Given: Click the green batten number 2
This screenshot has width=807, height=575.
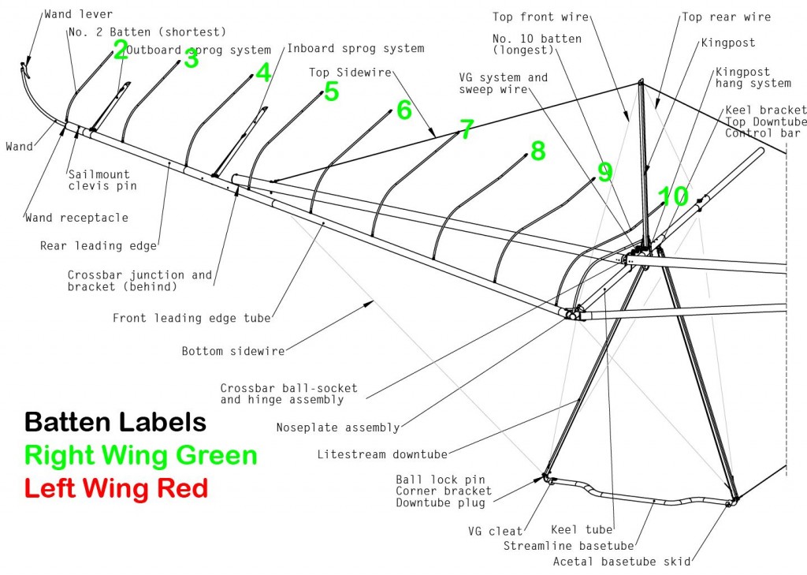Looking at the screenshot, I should pyautogui.click(x=121, y=50).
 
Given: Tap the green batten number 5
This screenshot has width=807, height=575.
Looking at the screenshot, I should pyautogui.click(x=331, y=91).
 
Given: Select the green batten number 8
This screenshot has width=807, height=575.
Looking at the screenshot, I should pyautogui.click(x=537, y=151).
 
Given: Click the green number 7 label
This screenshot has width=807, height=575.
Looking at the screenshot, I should pyautogui.click(x=467, y=129).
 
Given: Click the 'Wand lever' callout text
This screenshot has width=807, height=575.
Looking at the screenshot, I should pyautogui.click(x=78, y=14).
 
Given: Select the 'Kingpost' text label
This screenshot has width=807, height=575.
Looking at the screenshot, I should pyautogui.click(x=727, y=43).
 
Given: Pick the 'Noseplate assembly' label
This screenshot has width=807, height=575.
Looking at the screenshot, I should pyautogui.click(x=337, y=428).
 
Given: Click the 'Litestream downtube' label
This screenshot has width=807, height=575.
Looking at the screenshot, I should pyautogui.click(x=382, y=454).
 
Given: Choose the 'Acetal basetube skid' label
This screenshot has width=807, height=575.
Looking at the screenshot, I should pyautogui.click(x=622, y=561).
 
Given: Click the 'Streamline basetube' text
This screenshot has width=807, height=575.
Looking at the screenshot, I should pyautogui.click(x=569, y=545).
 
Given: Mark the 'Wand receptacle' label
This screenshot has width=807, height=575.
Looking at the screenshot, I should pyautogui.click(x=76, y=217).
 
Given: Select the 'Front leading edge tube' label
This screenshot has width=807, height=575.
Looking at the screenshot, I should pyautogui.click(x=192, y=318).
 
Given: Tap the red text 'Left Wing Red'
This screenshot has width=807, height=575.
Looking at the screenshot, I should pyautogui.click(x=116, y=488).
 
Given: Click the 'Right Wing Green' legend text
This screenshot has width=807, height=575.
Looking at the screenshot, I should pyautogui.click(x=140, y=455).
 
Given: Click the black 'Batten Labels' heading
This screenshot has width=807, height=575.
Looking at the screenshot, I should pyautogui.click(x=115, y=422).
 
